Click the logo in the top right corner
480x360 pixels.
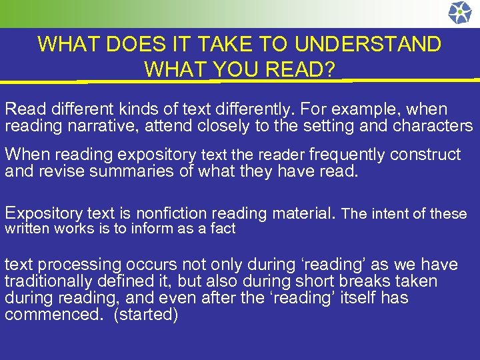pyautogui.click(x=459, y=13)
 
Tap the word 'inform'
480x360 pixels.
pyautogui.click(x=163, y=229)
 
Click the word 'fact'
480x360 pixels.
pyautogui.click(x=223, y=229)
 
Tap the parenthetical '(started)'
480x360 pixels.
pyautogui.click(x=146, y=315)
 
